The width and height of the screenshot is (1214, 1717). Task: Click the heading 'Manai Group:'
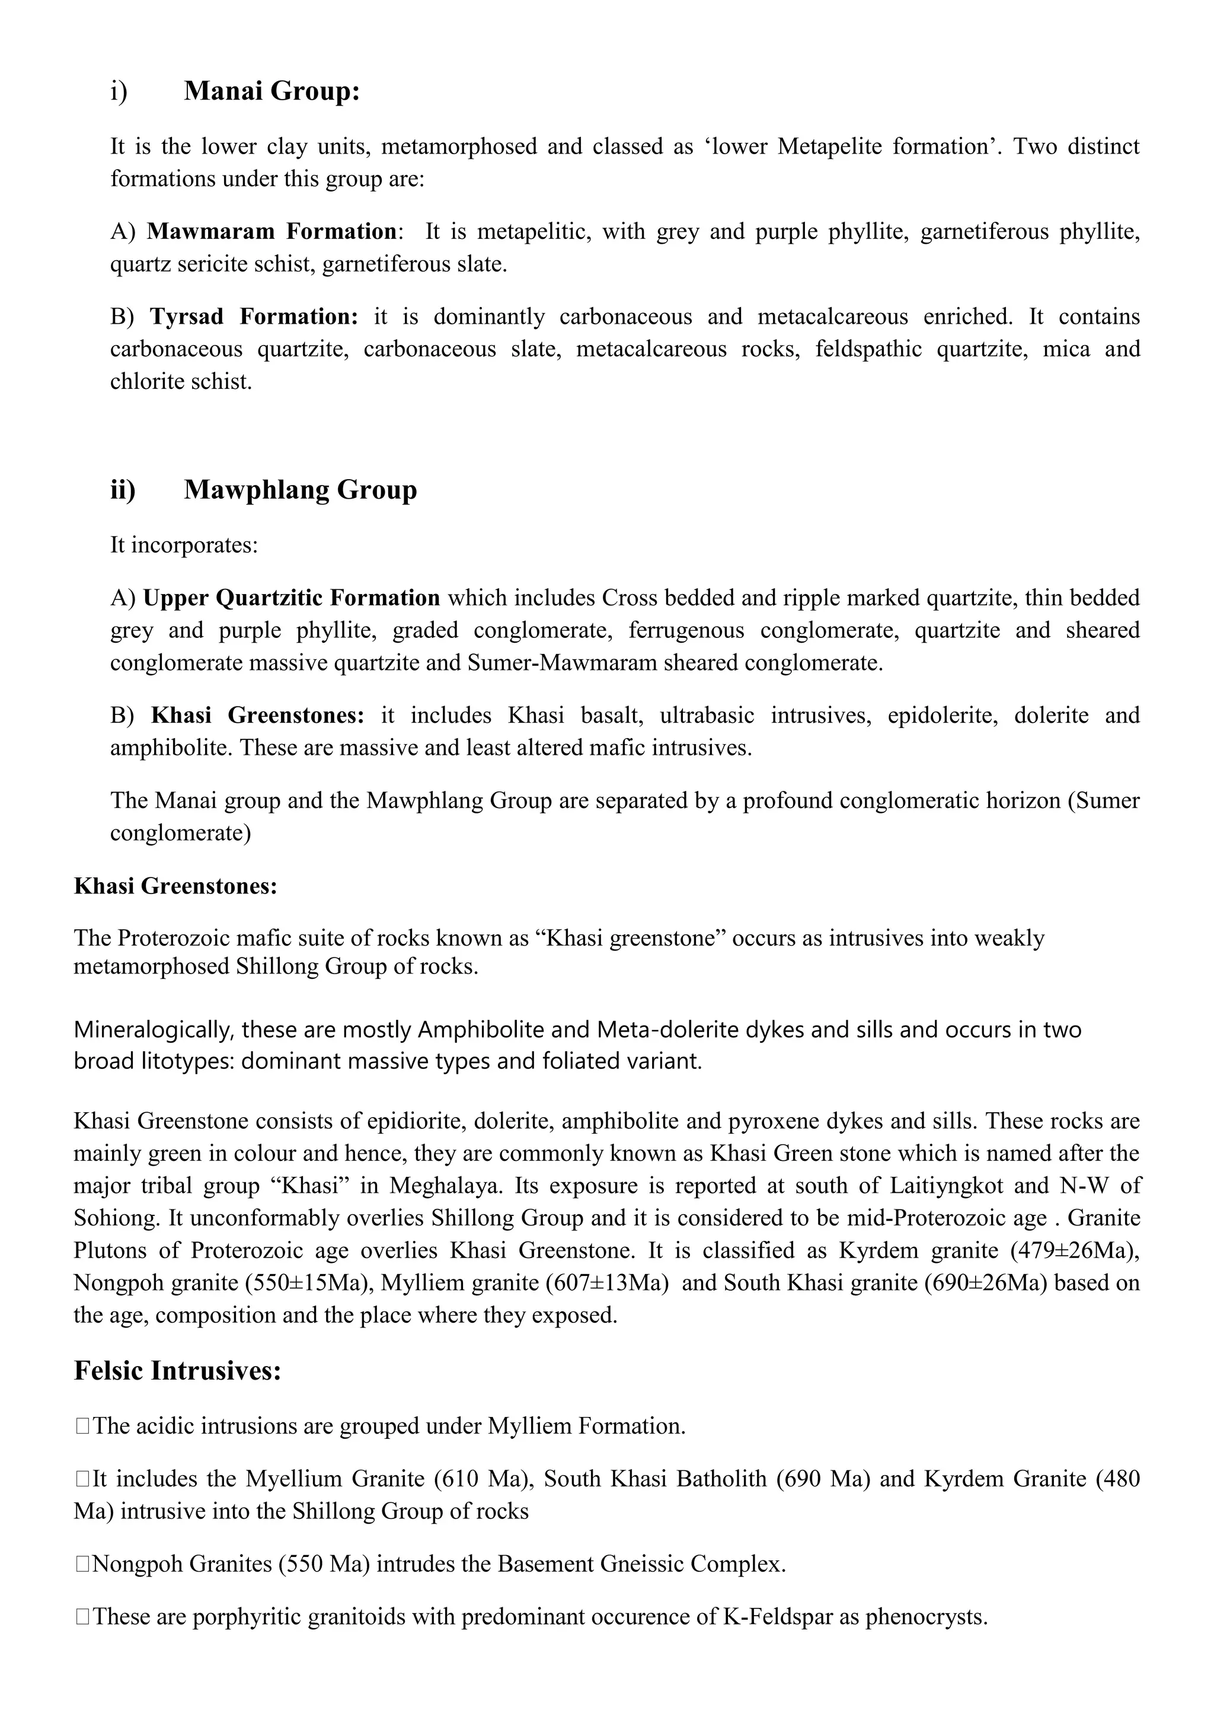click(271, 91)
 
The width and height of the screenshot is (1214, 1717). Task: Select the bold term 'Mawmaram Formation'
click(271, 232)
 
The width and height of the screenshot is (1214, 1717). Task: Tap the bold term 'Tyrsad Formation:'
click(254, 317)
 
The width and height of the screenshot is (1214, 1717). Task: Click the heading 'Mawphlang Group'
click(300, 490)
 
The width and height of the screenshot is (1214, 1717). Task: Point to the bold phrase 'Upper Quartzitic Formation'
click(292, 598)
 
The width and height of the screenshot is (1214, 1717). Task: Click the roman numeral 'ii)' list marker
click(123, 490)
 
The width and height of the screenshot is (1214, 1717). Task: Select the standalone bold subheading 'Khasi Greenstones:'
click(175, 886)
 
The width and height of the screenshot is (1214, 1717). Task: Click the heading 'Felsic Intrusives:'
click(177, 1371)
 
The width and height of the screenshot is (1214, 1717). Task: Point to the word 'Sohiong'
click(116, 1218)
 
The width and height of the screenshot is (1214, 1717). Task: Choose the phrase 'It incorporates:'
click(184, 545)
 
